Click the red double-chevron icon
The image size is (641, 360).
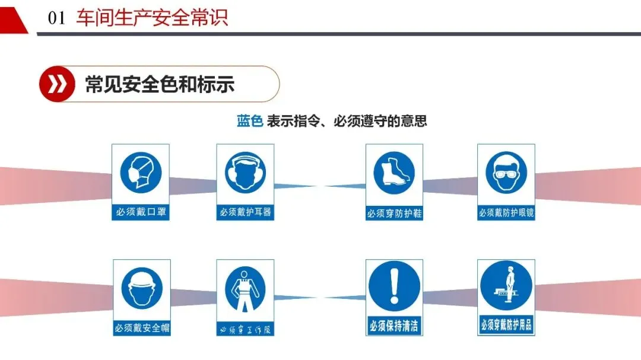pyautogui.click(x=57, y=84)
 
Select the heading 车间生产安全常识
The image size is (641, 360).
pyautogui.click(x=152, y=18)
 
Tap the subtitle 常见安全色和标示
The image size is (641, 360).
pyautogui.click(x=160, y=84)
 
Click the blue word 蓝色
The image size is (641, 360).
pyautogui.click(x=249, y=121)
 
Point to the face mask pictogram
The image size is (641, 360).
pyautogui.click(x=141, y=172)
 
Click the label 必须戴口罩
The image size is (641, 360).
pyautogui.click(x=141, y=212)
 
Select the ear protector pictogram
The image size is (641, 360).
pyautogui.click(x=245, y=172)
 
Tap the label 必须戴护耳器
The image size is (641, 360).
pyautogui.click(x=245, y=212)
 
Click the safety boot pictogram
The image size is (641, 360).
pyautogui.click(x=394, y=172)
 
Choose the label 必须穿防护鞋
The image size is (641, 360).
pyautogui.click(x=394, y=213)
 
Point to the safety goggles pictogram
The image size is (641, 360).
pyautogui.click(x=506, y=172)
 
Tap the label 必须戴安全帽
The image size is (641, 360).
pyautogui.click(x=141, y=327)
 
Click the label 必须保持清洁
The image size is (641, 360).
pyautogui.click(x=394, y=326)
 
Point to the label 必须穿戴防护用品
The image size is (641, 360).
pyautogui.click(x=506, y=325)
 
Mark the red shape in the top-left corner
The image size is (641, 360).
pyautogui.click(x=12, y=15)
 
